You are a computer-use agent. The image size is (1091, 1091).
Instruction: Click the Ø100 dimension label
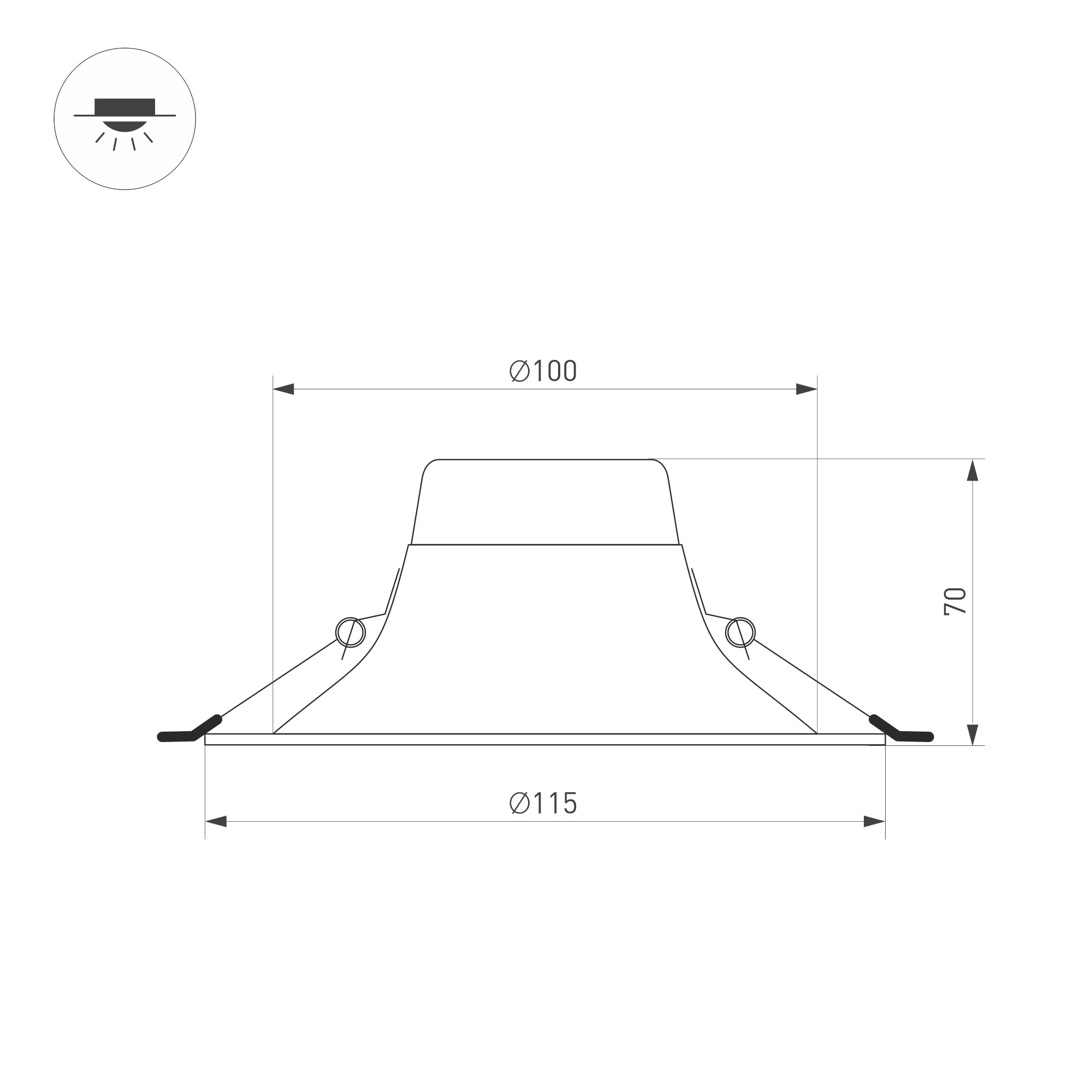[x=543, y=371]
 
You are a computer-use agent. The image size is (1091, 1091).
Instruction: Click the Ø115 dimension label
[x=543, y=803]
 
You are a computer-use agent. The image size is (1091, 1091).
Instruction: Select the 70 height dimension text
[x=956, y=601]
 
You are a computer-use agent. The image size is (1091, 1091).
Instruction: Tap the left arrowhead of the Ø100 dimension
[x=283, y=389]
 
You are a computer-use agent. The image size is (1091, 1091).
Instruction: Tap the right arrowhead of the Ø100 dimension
[x=807, y=389]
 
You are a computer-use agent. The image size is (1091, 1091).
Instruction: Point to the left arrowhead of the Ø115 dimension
[x=216, y=822]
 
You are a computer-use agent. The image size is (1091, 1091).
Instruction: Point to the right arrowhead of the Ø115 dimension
[x=874, y=822]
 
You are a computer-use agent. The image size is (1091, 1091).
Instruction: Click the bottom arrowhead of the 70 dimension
[x=973, y=734]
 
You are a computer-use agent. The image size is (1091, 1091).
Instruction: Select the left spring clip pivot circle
[x=351, y=632]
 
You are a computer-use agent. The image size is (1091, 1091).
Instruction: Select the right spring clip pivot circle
[x=740, y=632]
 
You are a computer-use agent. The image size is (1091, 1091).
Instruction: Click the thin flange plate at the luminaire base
[x=545, y=740]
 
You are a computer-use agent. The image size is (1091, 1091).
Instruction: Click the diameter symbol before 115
[x=519, y=803]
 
